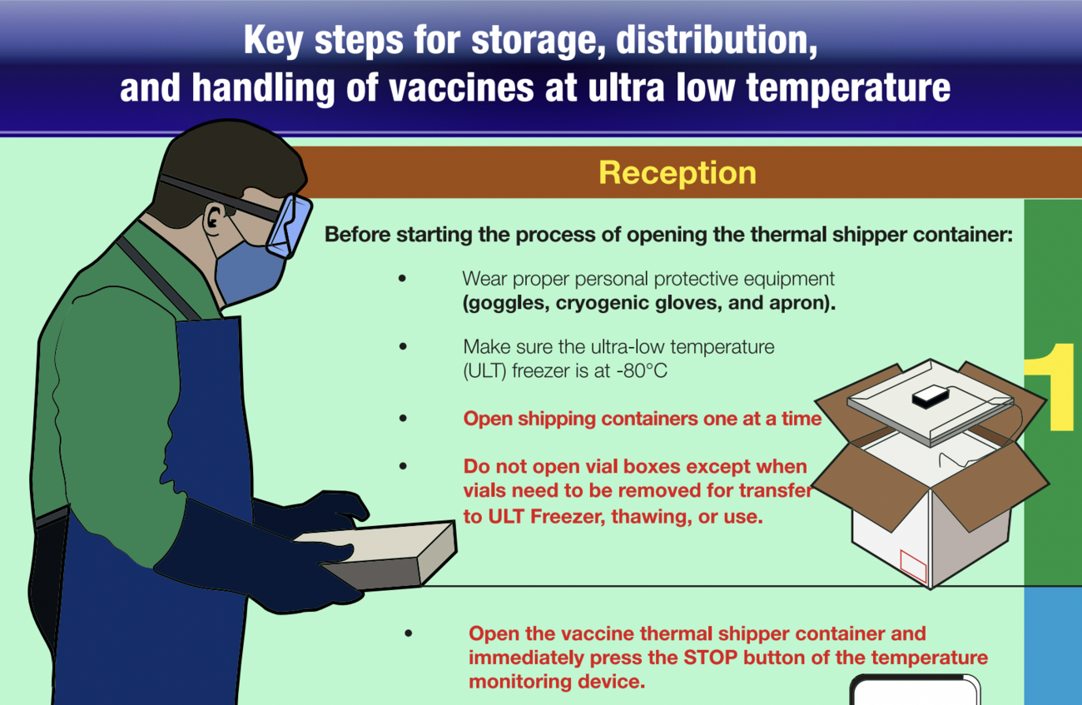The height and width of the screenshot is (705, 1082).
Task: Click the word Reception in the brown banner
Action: coord(677,172)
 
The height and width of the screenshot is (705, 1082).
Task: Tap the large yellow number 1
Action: coord(1050,387)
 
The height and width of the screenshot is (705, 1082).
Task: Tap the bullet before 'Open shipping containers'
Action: coord(404,419)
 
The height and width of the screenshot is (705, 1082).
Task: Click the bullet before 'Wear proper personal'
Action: coord(404,279)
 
